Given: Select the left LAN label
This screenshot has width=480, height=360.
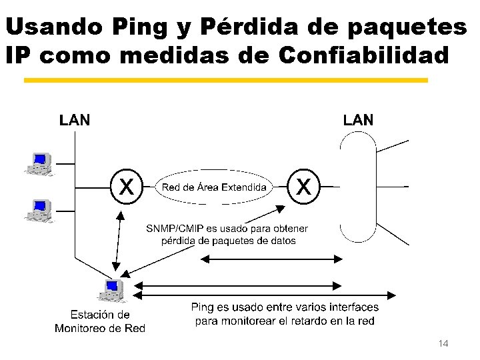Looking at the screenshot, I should pos(75,120).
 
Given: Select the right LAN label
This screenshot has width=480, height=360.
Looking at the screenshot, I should pos(358,120).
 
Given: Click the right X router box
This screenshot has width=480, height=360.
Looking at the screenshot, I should pos(303,186).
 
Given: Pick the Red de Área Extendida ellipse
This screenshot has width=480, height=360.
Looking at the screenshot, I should pos(214,187).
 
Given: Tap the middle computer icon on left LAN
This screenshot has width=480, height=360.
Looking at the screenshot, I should pos(39,209).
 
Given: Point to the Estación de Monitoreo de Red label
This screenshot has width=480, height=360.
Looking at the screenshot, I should pos(100,321).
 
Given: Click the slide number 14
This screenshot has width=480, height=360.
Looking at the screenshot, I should pos(443,343).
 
